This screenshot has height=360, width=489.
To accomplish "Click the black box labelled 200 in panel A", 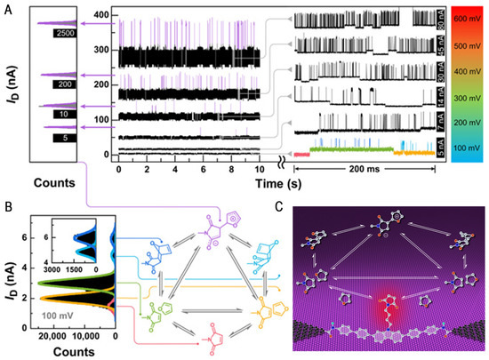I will coord(64,84).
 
